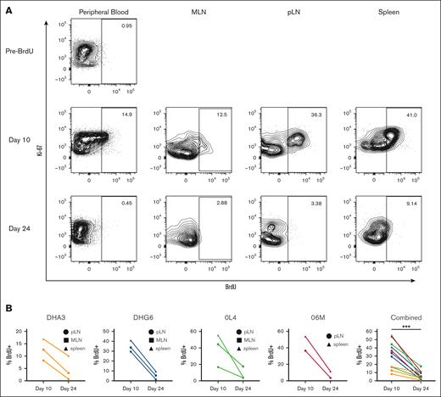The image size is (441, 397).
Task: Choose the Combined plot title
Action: (x=405, y=309)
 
